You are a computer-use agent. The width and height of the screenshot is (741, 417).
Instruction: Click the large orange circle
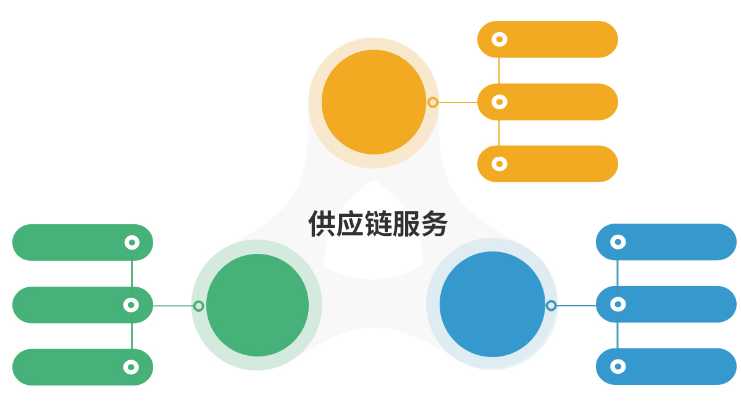[374, 102]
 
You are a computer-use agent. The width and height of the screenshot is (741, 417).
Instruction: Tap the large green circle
[257, 305]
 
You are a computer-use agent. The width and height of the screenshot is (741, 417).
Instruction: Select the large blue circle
[492, 304]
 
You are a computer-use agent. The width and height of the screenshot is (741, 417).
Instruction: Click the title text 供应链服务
[378, 224]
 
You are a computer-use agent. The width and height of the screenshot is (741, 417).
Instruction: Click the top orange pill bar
[556, 40]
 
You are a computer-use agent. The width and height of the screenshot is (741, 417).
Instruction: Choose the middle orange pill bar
[556, 102]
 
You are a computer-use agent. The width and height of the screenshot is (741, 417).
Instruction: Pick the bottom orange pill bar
[556, 164]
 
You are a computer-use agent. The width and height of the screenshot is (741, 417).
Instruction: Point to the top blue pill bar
[673, 242]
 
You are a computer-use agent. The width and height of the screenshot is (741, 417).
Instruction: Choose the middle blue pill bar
[673, 304]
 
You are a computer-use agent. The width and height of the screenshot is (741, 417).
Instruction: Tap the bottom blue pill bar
[673, 366]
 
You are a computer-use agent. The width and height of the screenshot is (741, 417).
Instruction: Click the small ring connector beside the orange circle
[433, 103]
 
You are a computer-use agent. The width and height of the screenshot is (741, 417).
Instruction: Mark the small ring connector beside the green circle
[199, 306]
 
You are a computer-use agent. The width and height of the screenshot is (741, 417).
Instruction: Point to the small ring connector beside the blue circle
[551, 305]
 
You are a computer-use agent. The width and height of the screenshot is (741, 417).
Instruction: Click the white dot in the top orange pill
[500, 40]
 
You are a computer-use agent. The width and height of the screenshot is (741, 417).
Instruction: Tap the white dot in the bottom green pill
[131, 367]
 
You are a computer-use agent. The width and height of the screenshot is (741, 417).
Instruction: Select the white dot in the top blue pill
[618, 242]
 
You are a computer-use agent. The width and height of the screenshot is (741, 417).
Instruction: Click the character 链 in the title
[378, 224]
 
